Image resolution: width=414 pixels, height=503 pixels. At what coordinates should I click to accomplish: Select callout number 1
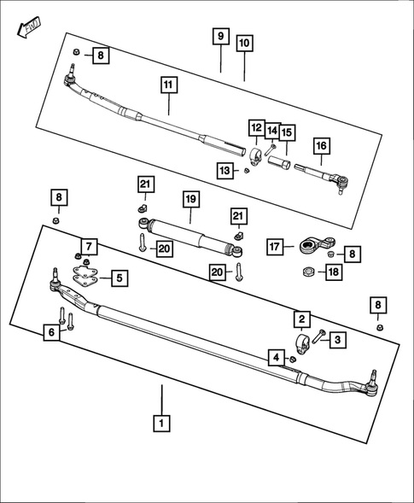[x=160, y=421]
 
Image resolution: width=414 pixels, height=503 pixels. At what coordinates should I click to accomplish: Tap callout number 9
[x=220, y=36]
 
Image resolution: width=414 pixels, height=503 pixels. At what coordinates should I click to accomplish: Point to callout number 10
[x=244, y=42]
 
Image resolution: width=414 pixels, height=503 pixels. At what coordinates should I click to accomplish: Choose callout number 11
[x=168, y=85]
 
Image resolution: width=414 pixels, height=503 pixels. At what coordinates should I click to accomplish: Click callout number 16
[x=321, y=146]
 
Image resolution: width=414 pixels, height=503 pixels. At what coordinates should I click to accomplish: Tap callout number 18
[x=333, y=272]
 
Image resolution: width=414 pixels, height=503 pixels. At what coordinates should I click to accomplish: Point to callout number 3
[x=337, y=340]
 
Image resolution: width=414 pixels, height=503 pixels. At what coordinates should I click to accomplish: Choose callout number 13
[x=224, y=171]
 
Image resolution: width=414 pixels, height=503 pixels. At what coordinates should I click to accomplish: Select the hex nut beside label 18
[x=306, y=273]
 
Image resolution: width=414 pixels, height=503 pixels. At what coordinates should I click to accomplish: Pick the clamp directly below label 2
[x=301, y=343]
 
